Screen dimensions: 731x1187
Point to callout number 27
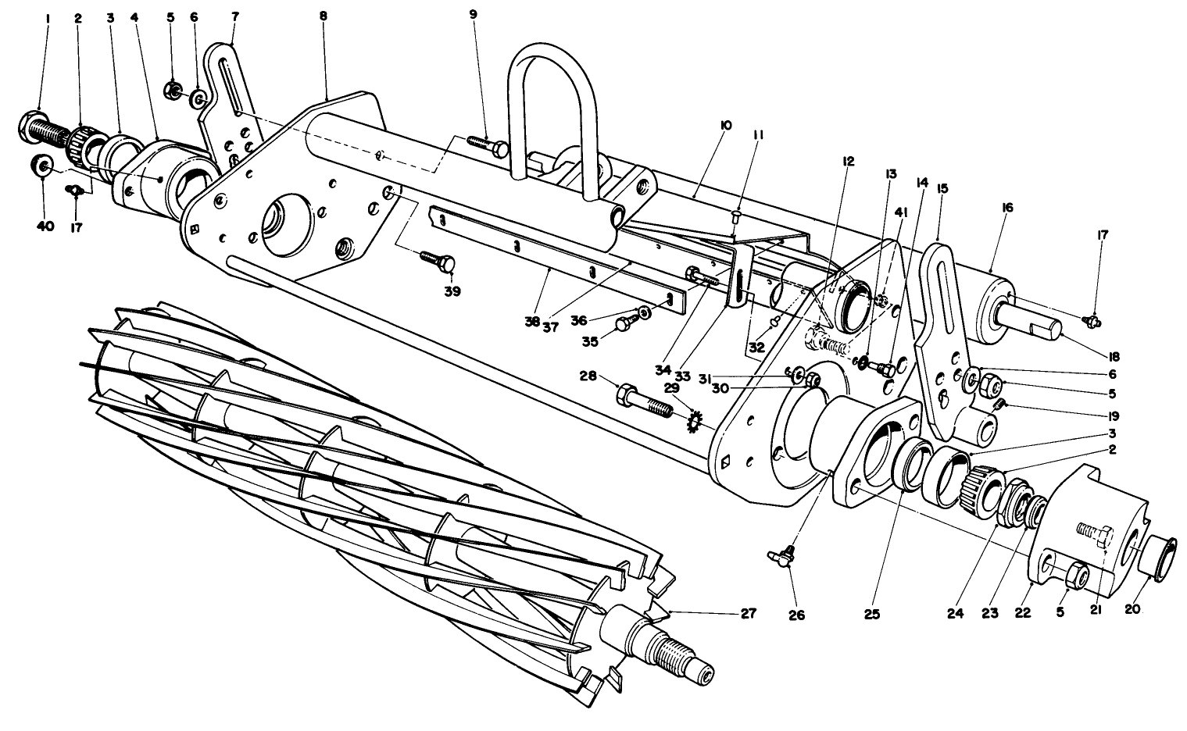pyautogui.click(x=749, y=614)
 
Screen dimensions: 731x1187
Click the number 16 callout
pyautogui.click(x=1006, y=208)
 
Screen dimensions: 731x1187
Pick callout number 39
pyautogui.click(x=452, y=292)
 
